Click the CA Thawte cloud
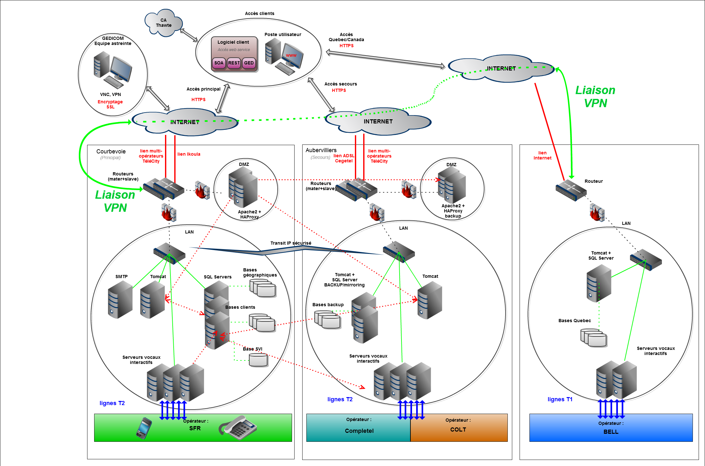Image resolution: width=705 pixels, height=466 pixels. [x=163, y=23]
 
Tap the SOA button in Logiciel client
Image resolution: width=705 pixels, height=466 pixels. [x=219, y=63]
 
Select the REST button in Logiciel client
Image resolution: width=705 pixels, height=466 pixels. [x=234, y=63]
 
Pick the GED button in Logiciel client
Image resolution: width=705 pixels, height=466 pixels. [x=249, y=63]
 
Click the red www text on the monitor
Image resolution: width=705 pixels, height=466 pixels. [x=291, y=55]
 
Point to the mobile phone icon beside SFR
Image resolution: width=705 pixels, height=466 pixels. [x=144, y=428]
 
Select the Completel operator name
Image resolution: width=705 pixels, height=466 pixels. [x=359, y=431]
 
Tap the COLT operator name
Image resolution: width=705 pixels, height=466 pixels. [x=458, y=430]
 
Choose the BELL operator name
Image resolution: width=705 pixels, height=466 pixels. [x=611, y=432]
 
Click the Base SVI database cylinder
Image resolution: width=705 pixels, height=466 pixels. [x=258, y=360]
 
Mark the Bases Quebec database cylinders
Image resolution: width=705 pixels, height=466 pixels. [x=594, y=338]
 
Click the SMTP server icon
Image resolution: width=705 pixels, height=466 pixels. [x=120, y=300]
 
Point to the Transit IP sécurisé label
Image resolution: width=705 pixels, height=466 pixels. [x=291, y=243]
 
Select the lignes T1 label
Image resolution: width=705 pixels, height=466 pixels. [x=560, y=399]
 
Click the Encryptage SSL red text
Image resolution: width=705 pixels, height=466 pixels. [x=110, y=104]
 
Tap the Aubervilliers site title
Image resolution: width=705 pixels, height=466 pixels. [x=321, y=150]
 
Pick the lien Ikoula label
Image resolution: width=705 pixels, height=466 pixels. [x=189, y=154]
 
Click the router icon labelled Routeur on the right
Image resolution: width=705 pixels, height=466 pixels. [x=571, y=190]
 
